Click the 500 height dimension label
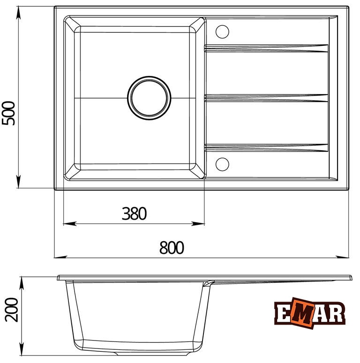click(x=8, y=113)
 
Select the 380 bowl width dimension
click(x=134, y=214)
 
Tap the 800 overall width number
click(x=172, y=247)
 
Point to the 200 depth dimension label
click(x=12, y=310)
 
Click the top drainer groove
click(x=266, y=48)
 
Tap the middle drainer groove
click(x=266, y=98)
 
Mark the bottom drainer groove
click(x=266, y=148)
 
